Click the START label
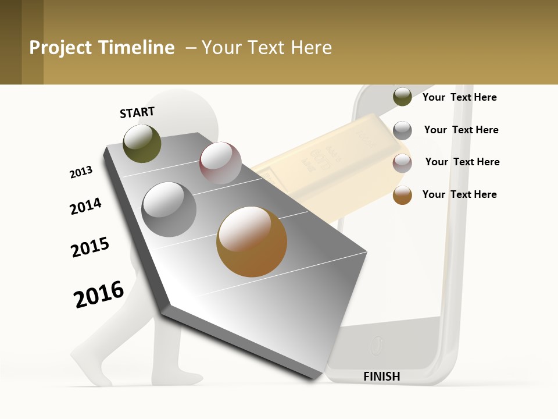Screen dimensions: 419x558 click(137, 112)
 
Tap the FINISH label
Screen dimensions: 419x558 click(381, 377)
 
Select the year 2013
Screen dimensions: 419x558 click(81, 172)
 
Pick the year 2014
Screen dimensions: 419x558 click(85, 206)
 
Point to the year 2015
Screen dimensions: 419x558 click(90, 247)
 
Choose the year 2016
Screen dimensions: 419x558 click(99, 294)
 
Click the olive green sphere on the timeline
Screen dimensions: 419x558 click(142, 144)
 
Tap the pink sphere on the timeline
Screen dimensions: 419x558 click(220, 163)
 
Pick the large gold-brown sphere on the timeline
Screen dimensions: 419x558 click(252, 242)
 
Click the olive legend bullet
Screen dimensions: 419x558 click(402, 97)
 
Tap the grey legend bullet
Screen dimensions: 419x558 click(402, 130)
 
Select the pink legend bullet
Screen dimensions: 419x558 click(402, 163)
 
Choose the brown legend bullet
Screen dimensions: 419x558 click(402, 195)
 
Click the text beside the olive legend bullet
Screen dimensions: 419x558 click(459, 97)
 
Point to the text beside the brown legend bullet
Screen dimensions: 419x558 click(459, 194)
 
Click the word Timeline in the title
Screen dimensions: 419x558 click(136, 48)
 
